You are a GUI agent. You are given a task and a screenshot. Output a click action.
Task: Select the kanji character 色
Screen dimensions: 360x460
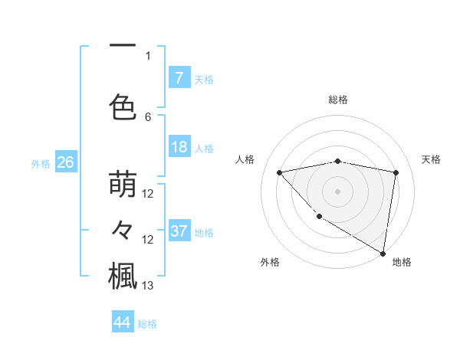pos(123,106)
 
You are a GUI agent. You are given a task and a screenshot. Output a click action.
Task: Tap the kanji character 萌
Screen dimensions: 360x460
pos(123,185)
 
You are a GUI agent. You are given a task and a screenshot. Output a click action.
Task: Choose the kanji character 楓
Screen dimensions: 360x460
pos(123,276)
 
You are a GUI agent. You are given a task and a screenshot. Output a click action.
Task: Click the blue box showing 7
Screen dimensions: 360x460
pos(179,77)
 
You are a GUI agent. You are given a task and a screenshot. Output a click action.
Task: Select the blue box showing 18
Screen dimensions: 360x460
pos(179,147)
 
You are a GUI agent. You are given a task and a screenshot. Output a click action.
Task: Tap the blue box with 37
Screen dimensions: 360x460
pos(179,231)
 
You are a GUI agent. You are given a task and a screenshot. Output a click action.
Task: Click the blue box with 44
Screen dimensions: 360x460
pos(123,322)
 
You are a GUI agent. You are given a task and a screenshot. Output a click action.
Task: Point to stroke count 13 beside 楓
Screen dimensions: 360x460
pos(149,286)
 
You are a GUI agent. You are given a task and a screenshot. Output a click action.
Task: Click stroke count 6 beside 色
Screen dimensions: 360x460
pos(148,116)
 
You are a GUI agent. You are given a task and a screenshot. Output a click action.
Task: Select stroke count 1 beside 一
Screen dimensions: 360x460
pos(148,55)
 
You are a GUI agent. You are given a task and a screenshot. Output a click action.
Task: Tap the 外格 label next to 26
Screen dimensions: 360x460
pos(41,162)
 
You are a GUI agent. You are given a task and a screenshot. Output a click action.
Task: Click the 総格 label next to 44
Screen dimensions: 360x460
pos(147,323)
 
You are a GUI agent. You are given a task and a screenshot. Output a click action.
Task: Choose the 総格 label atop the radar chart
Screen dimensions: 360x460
pos(337,100)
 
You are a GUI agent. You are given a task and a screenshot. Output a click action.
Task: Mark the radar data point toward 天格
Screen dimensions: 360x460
pos(396,172)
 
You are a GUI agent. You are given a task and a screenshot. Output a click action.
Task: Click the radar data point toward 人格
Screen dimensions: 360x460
pos(279,172)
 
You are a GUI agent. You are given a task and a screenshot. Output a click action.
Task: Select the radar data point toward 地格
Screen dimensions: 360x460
pos(383,253)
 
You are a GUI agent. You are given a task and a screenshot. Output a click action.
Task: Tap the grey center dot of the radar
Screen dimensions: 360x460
pos(337,191)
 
